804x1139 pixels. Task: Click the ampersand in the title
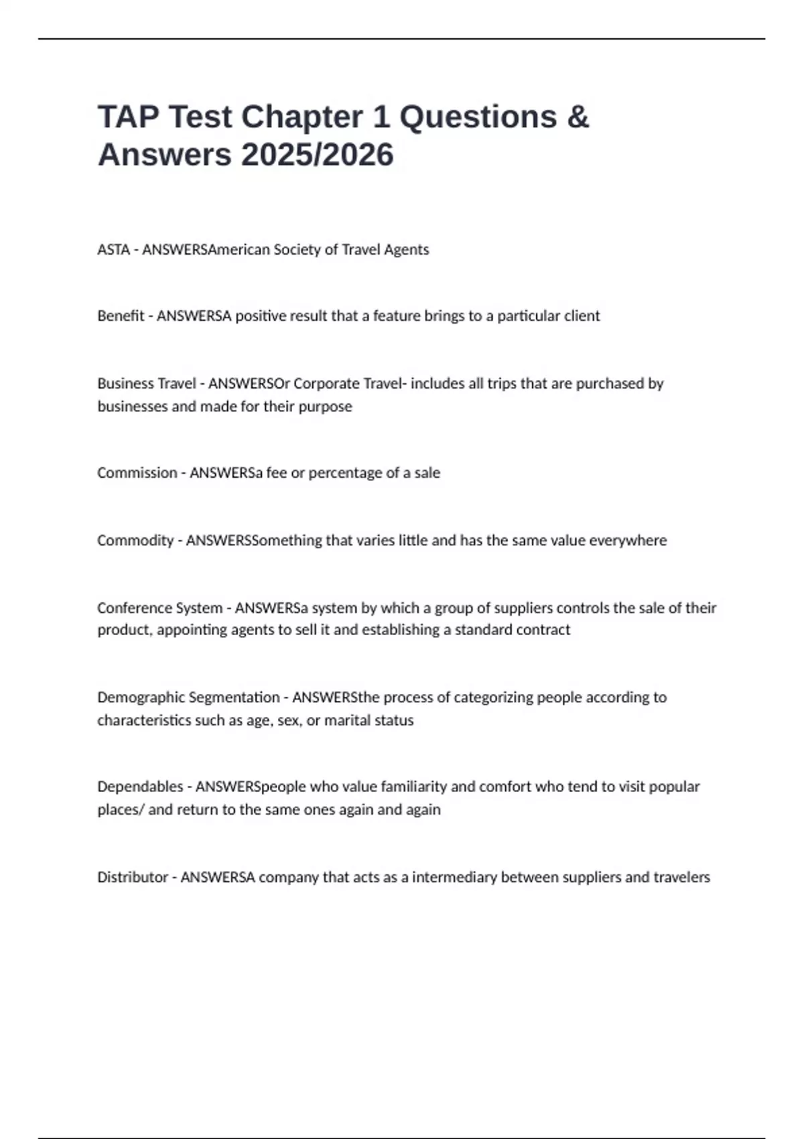[x=578, y=117]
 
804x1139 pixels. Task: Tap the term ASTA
[x=113, y=249]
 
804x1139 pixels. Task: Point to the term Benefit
[x=121, y=316]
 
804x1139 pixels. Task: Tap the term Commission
[x=137, y=472]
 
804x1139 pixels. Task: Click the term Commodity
[x=135, y=540]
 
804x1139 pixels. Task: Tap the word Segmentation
[x=234, y=697]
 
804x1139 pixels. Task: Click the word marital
[x=349, y=720]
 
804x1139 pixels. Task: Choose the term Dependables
[x=139, y=786]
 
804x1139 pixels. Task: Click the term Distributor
[x=132, y=877]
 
